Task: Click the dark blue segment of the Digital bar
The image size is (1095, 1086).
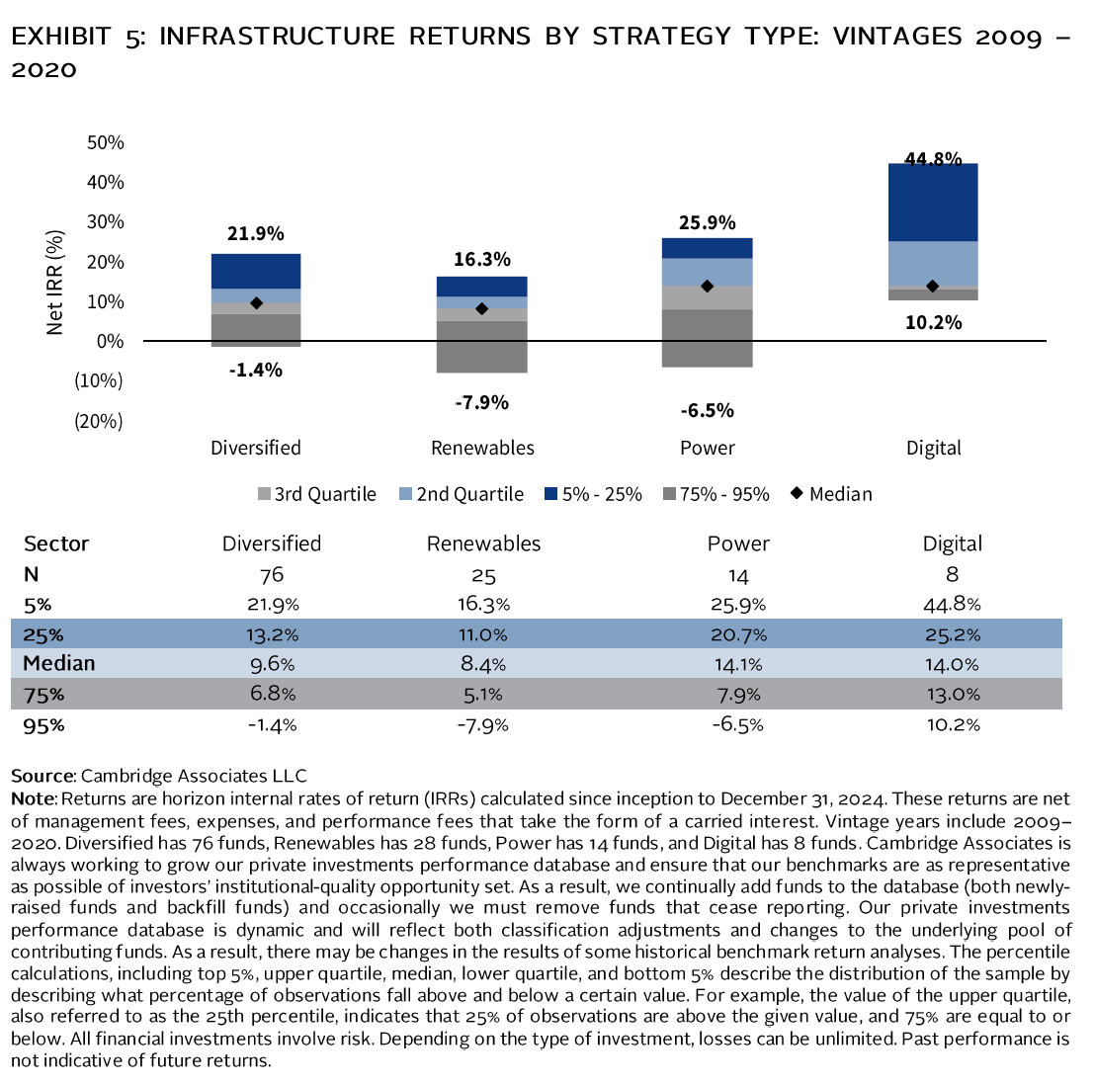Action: [x=933, y=203]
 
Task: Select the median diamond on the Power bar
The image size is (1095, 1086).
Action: [x=707, y=287]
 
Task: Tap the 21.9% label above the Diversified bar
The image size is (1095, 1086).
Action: [x=255, y=233]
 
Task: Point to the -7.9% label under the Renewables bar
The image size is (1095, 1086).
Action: [x=481, y=402]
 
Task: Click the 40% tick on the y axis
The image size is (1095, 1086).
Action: [x=105, y=182]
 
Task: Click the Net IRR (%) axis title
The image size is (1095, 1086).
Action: [x=56, y=282]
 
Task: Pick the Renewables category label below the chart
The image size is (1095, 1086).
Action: [x=482, y=448]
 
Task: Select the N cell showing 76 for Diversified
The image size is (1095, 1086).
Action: [x=272, y=574]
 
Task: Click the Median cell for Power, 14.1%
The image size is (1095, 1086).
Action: [x=738, y=664]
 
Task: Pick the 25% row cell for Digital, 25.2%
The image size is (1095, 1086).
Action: [x=953, y=634]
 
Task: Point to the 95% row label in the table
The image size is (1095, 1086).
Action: [x=43, y=724]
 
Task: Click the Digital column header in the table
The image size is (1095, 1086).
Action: [x=953, y=543]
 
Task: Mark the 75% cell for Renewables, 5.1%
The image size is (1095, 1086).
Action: [x=483, y=694]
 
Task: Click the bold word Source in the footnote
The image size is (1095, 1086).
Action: [x=42, y=776]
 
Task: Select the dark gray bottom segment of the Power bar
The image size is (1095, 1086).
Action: [x=707, y=338]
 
